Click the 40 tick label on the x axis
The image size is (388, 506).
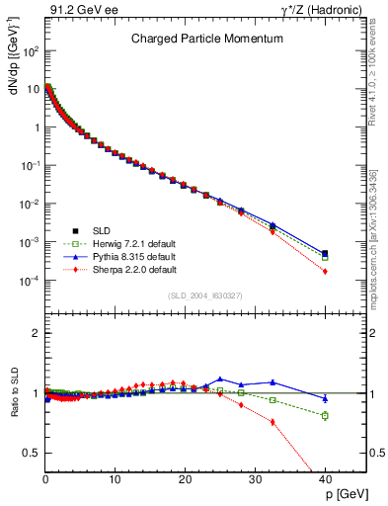click(324, 478)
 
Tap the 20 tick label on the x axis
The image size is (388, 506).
click(185, 478)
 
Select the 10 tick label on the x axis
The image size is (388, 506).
click(115, 478)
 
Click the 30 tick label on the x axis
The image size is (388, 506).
click(255, 478)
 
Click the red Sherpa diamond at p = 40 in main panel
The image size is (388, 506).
click(325, 272)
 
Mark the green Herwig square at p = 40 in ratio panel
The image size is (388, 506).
click(325, 415)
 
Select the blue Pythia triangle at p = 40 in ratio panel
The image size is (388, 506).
click(325, 399)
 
